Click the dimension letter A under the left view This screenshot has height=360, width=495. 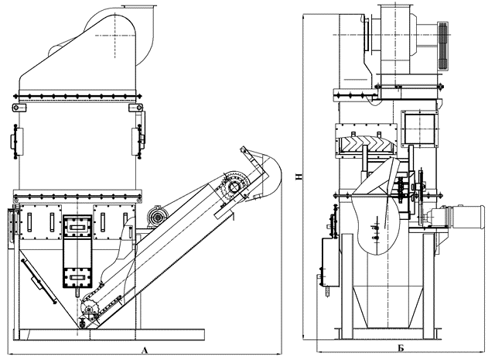pos(145,350)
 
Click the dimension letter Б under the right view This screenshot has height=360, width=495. pos(401,348)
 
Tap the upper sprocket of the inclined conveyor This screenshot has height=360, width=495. pos(234,187)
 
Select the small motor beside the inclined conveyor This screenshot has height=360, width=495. pos(156,217)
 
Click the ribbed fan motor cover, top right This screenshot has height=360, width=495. pos(443,46)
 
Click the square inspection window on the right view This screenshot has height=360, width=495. pos(419,129)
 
